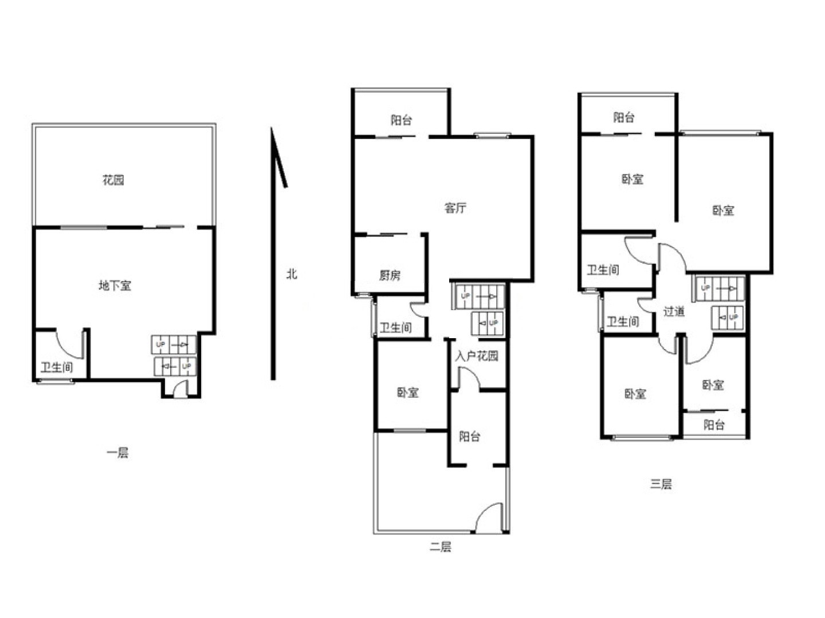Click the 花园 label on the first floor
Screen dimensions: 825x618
point(113,180)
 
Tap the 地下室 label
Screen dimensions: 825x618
point(115,286)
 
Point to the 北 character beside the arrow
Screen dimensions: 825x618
point(292,274)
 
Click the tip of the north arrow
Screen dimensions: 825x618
point(272,128)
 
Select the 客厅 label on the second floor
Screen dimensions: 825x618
point(455,208)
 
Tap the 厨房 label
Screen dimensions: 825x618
point(390,275)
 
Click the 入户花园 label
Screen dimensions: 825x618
point(477,356)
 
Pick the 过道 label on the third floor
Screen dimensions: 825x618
point(674,311)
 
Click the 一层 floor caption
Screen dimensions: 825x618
point(117,453)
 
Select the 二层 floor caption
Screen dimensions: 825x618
point(441,546)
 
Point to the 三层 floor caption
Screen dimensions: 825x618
point(661,484)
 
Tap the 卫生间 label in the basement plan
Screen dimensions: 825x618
point(57,367)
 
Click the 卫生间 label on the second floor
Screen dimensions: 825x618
point(396,327)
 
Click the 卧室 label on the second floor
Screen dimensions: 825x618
point(408,393)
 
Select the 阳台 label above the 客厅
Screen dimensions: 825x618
point(401,120)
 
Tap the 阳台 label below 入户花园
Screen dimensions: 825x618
point(469,437)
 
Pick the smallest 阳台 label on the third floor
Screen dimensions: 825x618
point(714,425)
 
